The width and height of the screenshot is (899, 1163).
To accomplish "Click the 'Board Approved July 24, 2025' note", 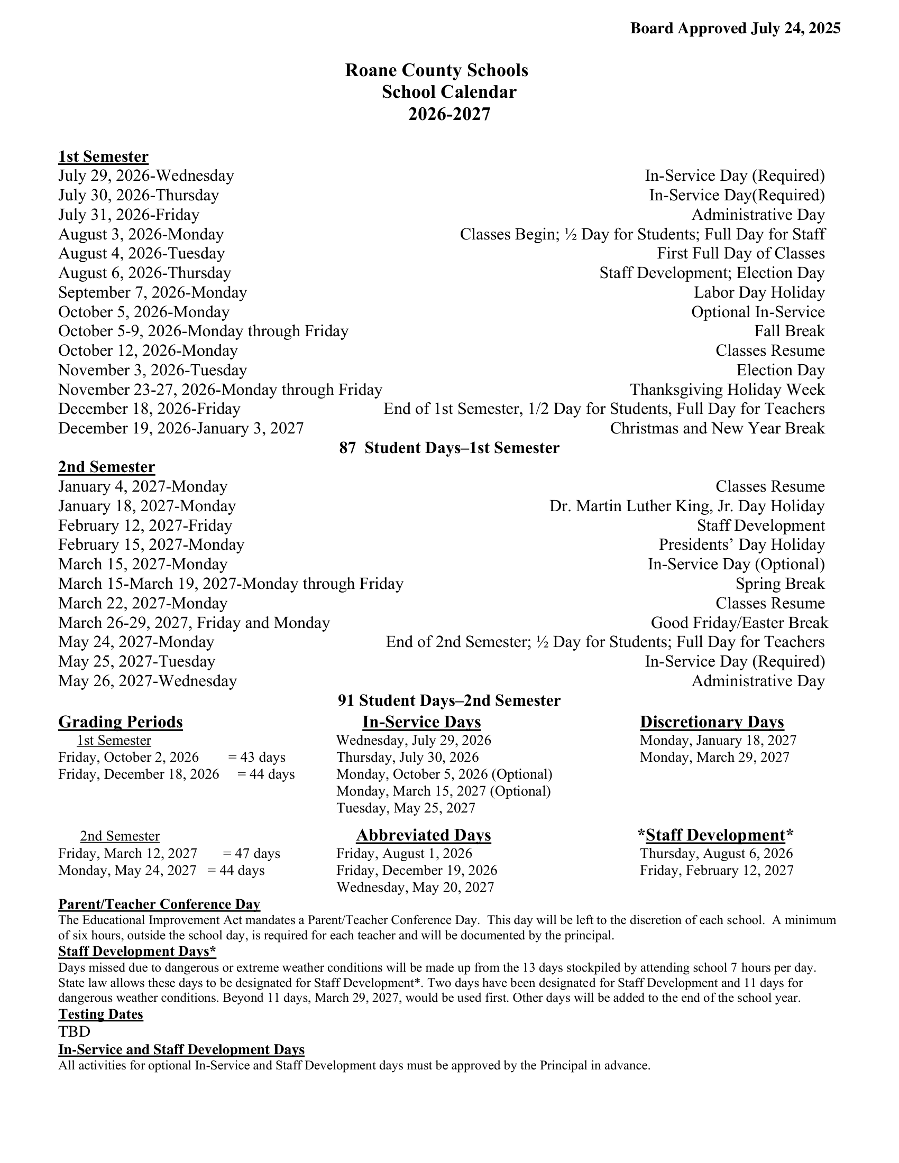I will pyautogui.click(x=735, y=28).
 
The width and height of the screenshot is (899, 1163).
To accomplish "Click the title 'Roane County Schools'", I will pyautogui.click(x=436, y=70).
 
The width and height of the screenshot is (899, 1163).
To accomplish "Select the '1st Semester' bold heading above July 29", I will pyautogui.click(x=103, y=156).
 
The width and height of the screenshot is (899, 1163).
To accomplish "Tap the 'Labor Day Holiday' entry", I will pyautogui.click(x=759, y=292).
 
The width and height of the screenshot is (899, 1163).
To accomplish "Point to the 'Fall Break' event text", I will pyautogui.click(x=789, y=331).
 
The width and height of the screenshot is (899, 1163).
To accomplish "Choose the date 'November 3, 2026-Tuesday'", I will pyautogui.click(x=152, y=370).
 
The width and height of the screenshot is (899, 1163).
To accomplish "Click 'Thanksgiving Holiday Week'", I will pyautogui.click(x=727, y=390).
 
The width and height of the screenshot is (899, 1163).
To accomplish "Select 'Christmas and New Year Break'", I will pyautogui.click(x=717, y=428).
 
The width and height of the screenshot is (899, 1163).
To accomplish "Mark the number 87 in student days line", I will pyautogui.click(x=347, y=448).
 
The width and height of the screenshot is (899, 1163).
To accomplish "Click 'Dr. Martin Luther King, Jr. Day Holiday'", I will pyautogui.click(x=686, y=506).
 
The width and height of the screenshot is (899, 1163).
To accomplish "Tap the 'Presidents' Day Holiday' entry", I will pyautogui.click(x=741, y=544).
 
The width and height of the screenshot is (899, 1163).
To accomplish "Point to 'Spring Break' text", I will pyautogui.click(x=779, y=584).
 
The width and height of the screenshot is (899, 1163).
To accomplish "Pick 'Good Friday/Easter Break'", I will pyautogui.click(x=739, y=623).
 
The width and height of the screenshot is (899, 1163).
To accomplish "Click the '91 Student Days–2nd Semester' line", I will pyautogui.click(x=449, y=700).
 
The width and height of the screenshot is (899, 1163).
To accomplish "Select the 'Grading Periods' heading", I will pyautogui.click(x=121, y=722).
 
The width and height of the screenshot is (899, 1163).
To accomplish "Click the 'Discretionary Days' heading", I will pyautogui.click(x=711, y=722).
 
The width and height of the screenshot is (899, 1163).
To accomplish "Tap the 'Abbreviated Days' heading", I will pyautogui.click(x=424, y=835).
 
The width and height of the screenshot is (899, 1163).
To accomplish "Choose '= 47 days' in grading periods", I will pyautogui.click(x=251, y=854).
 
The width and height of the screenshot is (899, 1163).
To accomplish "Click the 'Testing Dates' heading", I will pyautogui.click(x=100, y=1014).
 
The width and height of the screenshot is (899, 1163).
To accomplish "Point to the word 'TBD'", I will pyautogui.click(x=74, y=1032).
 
